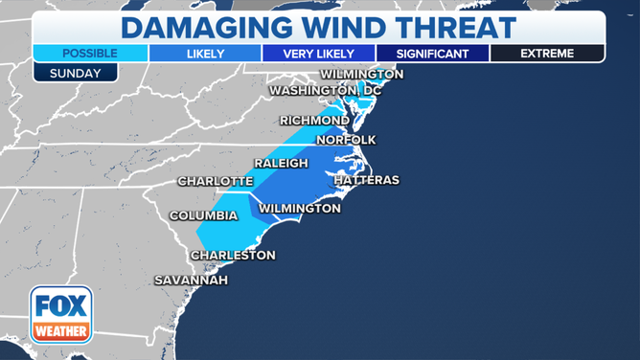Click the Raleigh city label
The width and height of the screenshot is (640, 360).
[x=281, y=164]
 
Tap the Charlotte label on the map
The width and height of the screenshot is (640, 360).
[x=216, y=181]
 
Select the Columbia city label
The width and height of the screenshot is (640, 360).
[x=203, y=215]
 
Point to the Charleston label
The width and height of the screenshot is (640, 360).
[x=233, y=255]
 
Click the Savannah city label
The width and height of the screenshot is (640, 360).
[x=192, y=281]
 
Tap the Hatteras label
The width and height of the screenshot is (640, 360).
[x=366, y=180]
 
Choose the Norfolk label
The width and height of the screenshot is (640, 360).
[x=346, y=140]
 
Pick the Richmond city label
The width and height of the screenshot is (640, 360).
[x=314, y=120]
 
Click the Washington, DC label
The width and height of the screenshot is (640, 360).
[x=325, y=90]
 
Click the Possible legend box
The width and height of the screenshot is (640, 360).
[x=90, y=54]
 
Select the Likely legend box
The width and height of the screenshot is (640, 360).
[x=204, y=54]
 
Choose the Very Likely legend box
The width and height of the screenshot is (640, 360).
[x=318, y=54]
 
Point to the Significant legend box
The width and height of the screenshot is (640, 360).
[x=432, y=54]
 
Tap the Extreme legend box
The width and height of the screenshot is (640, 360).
[x=547, y=54]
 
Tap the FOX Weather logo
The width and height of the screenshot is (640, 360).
[x=61, y=315]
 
